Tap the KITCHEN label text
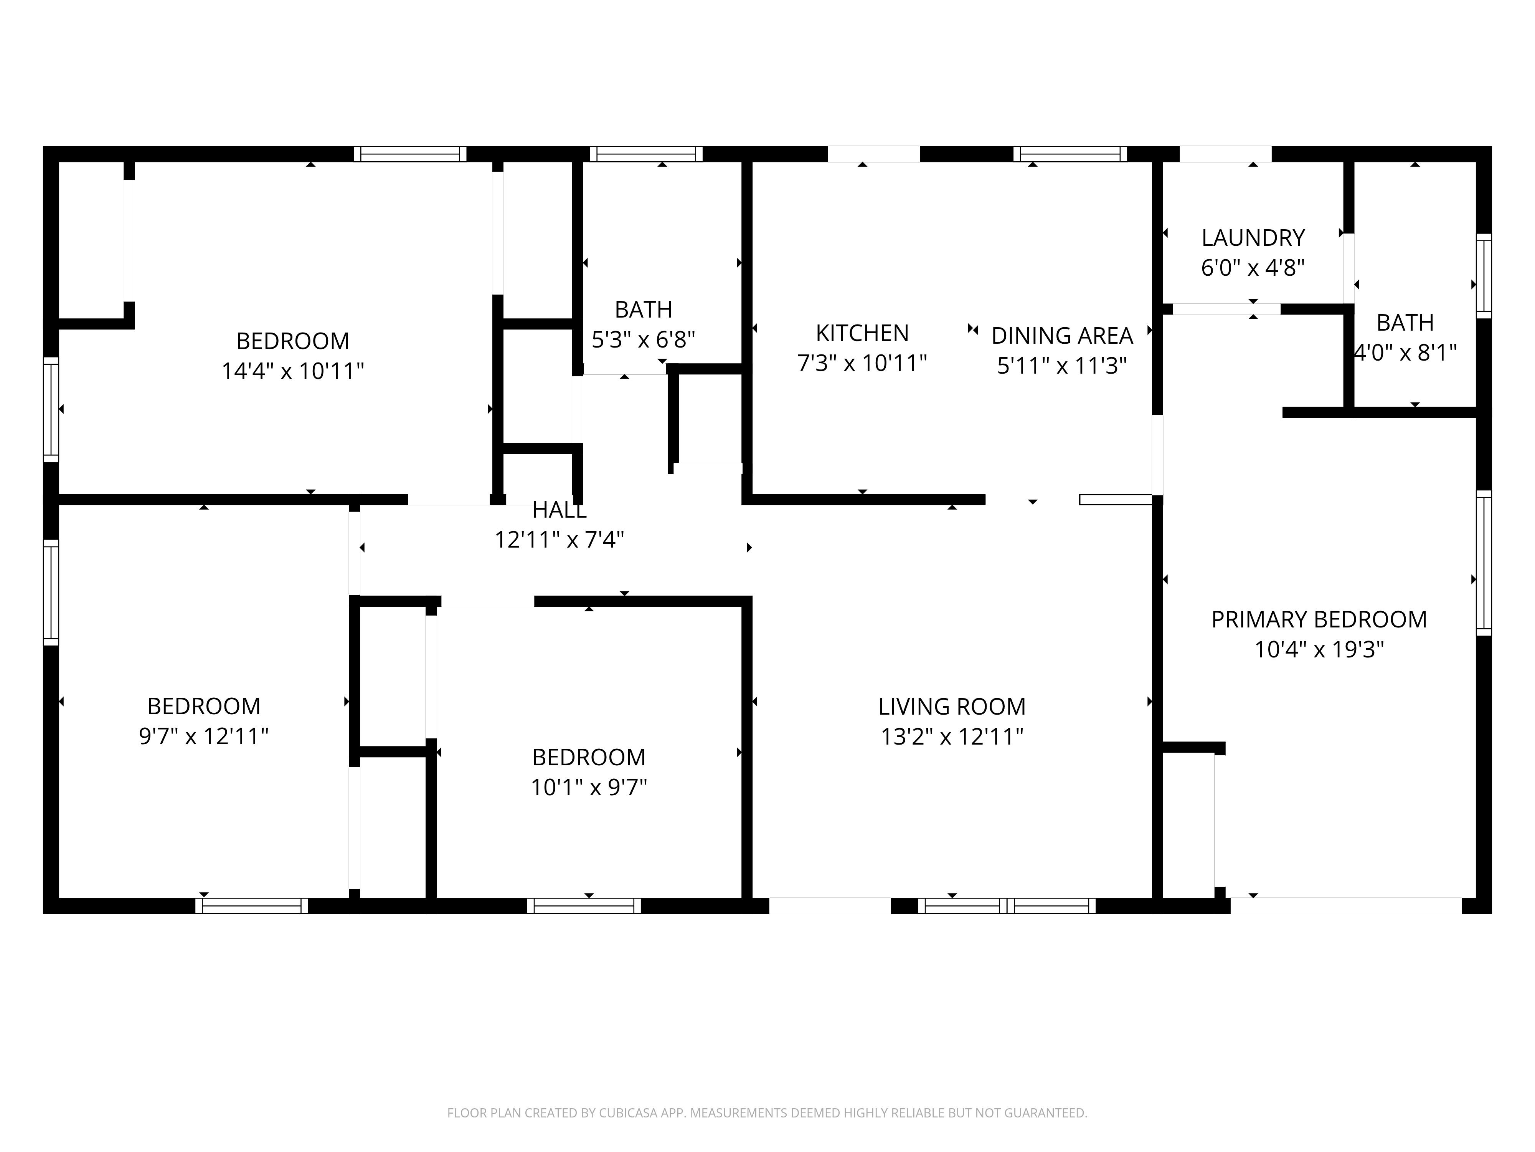click(862, 333)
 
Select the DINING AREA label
click(1062, 336)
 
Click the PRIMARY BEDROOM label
click(1319, 619)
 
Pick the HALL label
click(560, 510)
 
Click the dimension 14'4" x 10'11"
click(292, 371)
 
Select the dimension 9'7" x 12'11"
click(203, 736)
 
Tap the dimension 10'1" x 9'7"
click(588, 788)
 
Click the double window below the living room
click(1007, 905)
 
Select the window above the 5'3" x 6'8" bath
click(646, 154)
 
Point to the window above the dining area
click(1070, 154)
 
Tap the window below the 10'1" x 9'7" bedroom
click(584, 905)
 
